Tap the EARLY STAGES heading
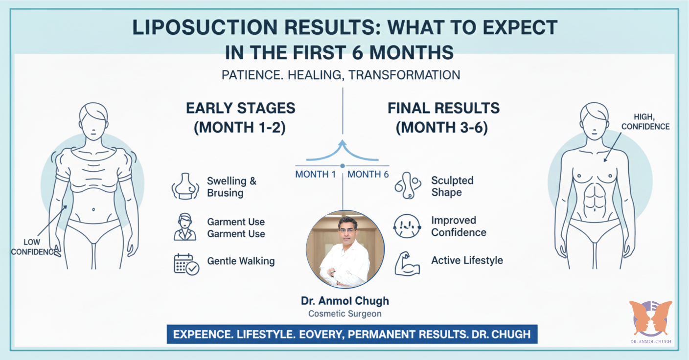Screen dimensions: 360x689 241,108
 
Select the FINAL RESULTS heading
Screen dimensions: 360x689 444,108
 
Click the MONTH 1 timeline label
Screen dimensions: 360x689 316,175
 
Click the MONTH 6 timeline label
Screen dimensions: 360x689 368,175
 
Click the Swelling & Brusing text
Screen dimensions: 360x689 231,187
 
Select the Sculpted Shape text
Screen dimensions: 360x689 452,186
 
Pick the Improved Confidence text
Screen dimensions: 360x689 459,226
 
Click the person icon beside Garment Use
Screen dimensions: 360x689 185,226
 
